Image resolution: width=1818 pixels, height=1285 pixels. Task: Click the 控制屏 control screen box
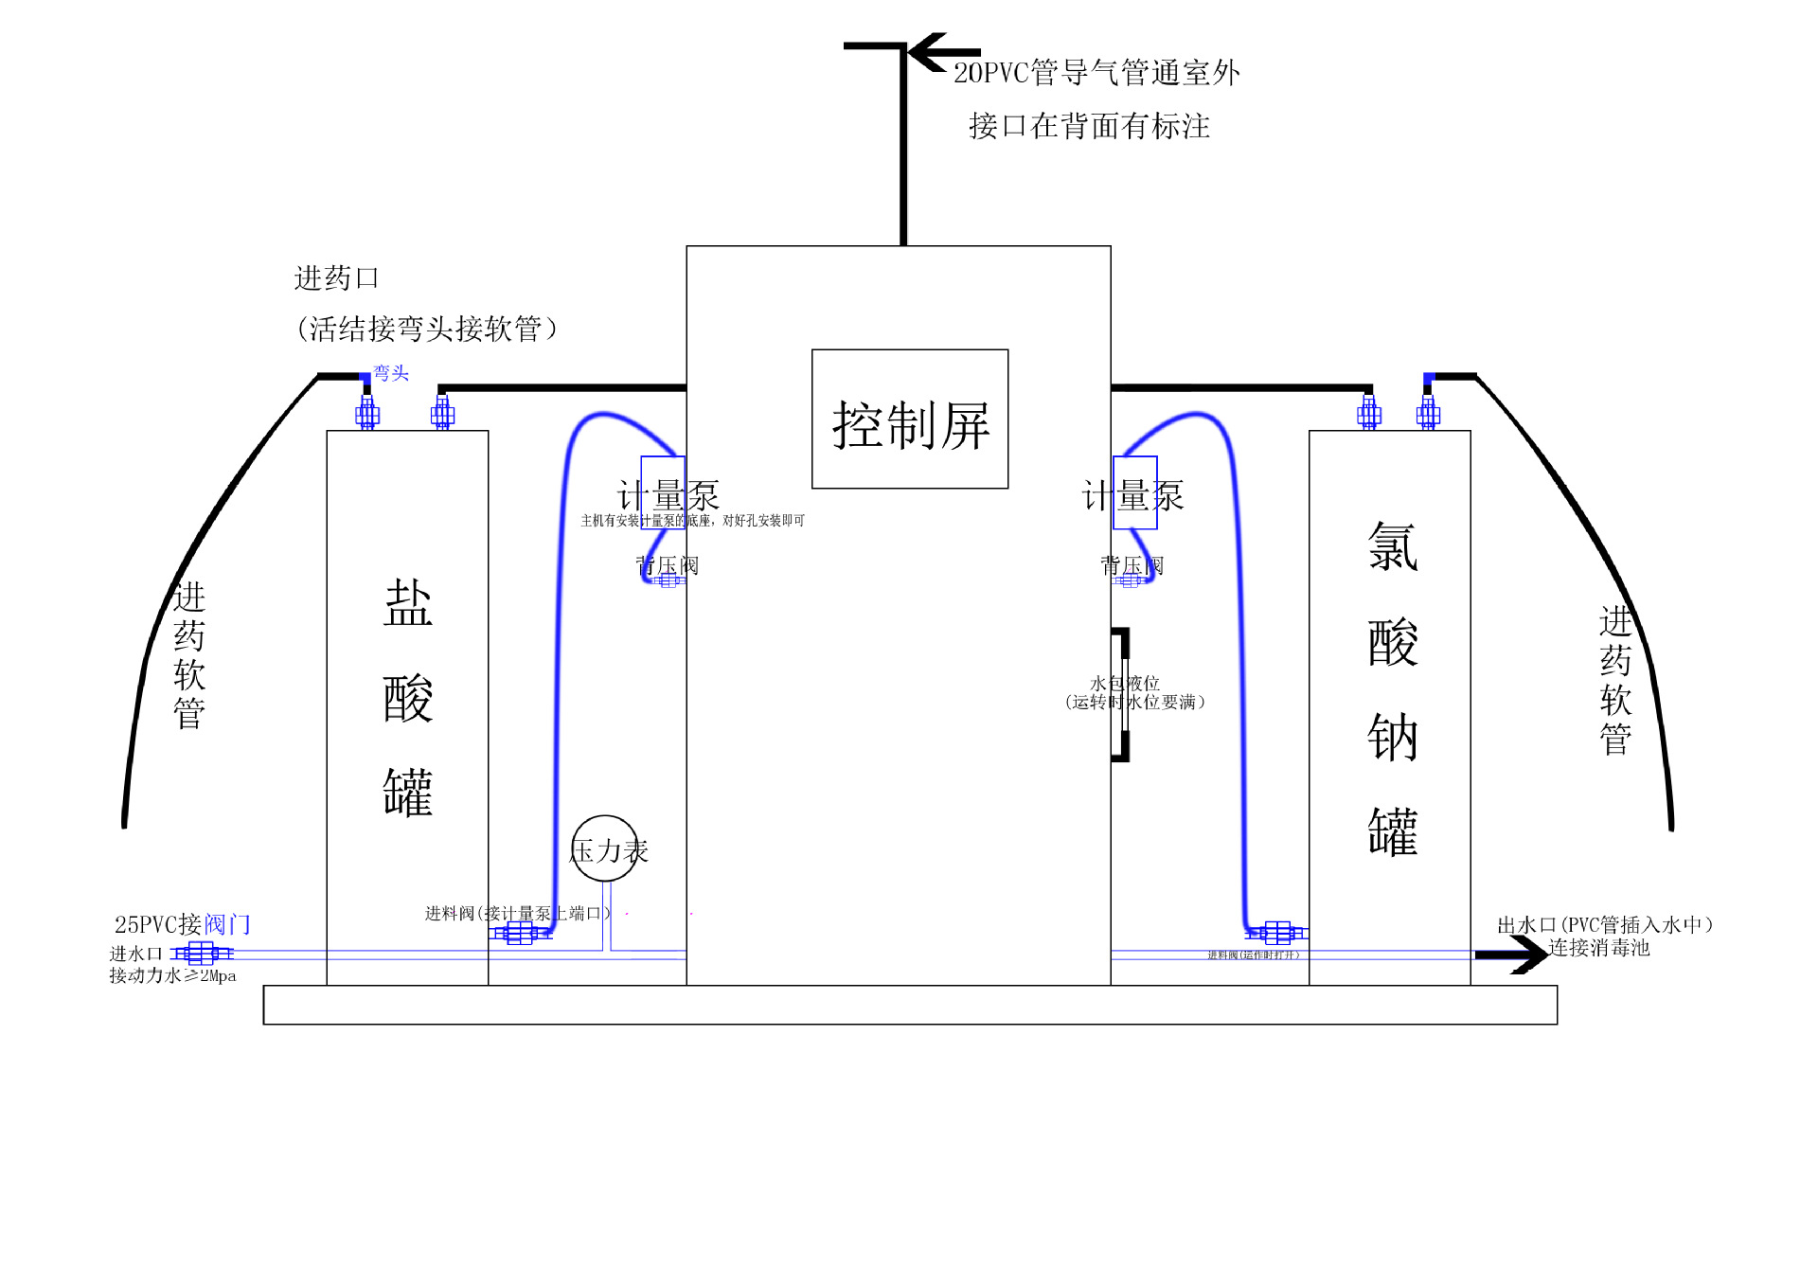point(909,419)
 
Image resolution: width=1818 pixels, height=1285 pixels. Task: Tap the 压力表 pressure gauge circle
point(605,848)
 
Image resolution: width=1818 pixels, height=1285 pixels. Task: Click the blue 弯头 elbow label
point(391,373)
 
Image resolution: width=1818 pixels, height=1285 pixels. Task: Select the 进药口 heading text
point(336,278)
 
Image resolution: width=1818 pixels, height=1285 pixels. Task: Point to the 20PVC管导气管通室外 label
point(1096,73)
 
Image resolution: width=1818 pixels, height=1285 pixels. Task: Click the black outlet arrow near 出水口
point(1515,955)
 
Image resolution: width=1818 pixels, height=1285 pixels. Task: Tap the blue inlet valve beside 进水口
point(202,953)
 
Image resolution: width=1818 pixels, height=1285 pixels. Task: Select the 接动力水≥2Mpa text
point(172,975)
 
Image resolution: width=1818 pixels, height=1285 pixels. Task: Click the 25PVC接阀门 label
point(183,924)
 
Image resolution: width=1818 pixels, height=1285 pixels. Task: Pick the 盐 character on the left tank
point(408,603)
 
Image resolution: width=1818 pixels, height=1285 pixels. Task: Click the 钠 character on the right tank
point(1392,738)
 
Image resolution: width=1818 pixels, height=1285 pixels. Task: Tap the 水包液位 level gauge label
point(1126,683)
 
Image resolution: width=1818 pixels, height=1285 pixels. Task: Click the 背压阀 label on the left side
point(668,566)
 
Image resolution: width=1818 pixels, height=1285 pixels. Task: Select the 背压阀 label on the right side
point(1132,566)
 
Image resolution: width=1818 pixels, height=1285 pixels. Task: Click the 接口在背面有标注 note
point(1089,126)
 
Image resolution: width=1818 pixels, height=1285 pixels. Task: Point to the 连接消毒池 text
point(1599,948)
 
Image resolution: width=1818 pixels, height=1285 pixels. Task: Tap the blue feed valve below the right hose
point(1276,933)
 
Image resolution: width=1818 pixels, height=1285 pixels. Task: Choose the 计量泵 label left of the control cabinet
point(668,495)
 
